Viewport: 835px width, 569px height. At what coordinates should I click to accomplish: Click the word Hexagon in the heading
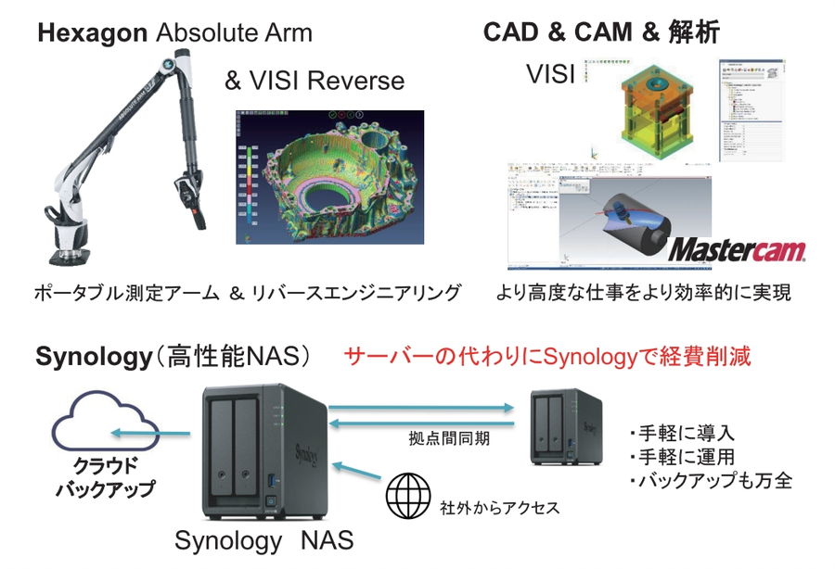(92, 34)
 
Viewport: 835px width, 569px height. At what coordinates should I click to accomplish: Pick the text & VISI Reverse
(315, 81)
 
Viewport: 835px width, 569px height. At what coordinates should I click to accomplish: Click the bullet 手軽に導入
(681, 433)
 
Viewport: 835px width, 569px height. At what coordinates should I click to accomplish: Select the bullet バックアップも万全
(710, 481)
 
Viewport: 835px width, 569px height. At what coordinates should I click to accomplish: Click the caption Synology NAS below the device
(263, 539)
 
